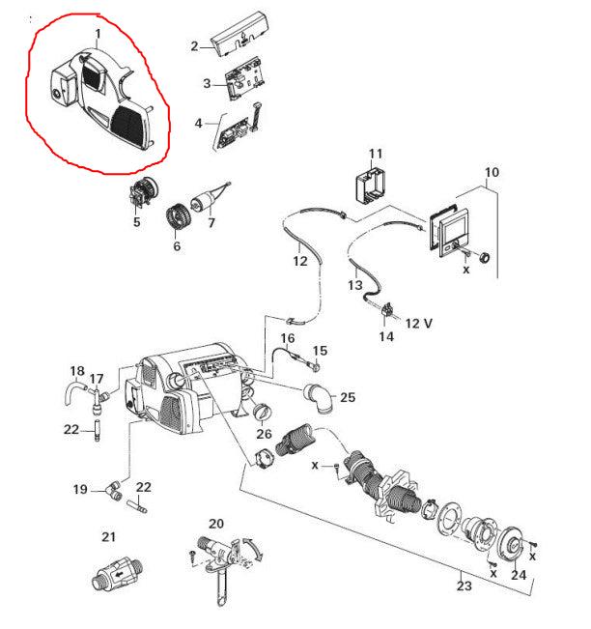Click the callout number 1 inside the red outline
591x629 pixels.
98,35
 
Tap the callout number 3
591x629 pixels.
207,84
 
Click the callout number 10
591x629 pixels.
492,173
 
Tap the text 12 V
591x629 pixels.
418,322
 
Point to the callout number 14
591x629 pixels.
386,337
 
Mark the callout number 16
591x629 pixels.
287,338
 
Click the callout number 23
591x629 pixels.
464,585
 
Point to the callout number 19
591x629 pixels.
82,490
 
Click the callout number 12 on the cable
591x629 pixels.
300,261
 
